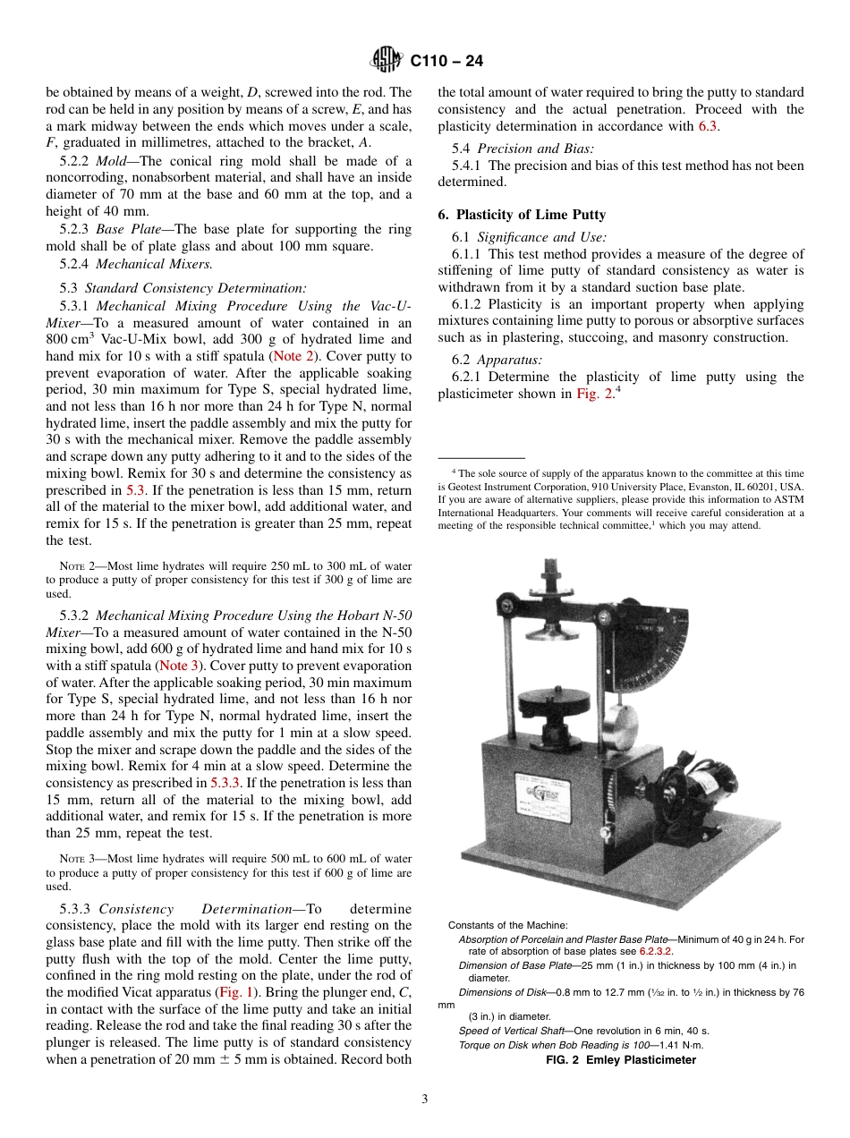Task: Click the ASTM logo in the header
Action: tap(387, 61)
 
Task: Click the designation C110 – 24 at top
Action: tap(446, 61)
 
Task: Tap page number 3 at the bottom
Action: tap(424, 1100)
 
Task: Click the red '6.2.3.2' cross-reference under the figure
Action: tap(655, 951)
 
